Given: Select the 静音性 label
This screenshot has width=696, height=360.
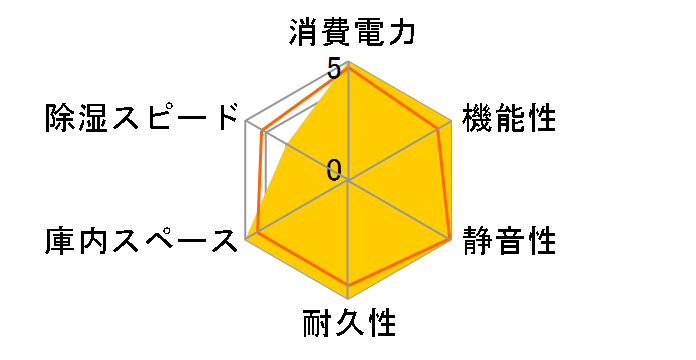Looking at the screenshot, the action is (510, 241).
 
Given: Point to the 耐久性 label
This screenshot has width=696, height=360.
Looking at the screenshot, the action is (349, 324).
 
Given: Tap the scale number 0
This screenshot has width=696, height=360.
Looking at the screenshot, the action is (334, 170).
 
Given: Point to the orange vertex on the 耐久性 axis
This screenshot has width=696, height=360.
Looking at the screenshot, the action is (348, 287).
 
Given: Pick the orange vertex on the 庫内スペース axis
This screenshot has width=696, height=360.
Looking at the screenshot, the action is (257, 234).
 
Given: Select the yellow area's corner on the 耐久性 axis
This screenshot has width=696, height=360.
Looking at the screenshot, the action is (348, 298).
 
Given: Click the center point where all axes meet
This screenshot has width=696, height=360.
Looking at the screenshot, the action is (348, 181).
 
